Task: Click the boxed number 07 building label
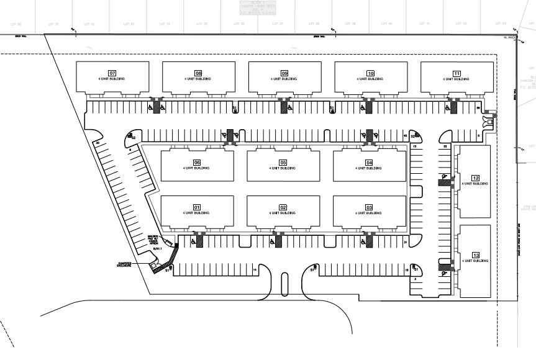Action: click(112, 73)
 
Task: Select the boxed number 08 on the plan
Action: click(199, 73)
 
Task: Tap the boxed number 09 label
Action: click(284, 73)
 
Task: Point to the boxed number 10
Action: click(370, 73)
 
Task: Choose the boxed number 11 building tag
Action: click(457, 73)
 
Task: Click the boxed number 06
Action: click(196, 163)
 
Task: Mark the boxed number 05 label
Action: click(283, 163)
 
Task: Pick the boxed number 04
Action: click(369, 163)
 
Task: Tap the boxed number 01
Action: click(196, 207)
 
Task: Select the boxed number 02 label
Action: click(283, 207)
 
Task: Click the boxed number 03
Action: click(369, 207)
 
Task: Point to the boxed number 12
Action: click(476, 178)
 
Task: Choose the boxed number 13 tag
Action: click(476, 255)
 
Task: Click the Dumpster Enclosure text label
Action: click(127, 264)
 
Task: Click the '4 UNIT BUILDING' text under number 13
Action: click(476, 261)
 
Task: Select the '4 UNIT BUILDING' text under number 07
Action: click(112, 79)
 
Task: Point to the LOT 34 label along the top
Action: click(165, 24)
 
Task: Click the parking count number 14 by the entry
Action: click(255, 270)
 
